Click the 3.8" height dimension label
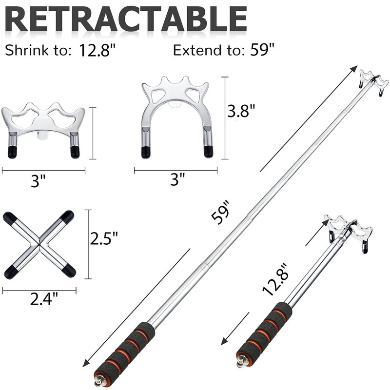(x=242, y=112)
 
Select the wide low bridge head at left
(x=44, y=127)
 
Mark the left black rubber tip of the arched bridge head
(x=146, y=152)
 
